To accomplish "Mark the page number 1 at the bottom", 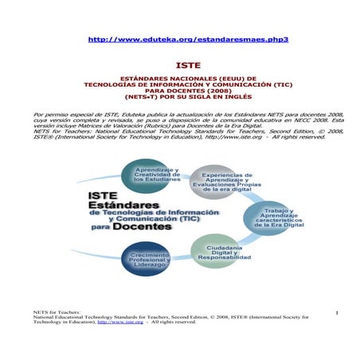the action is tap(337, 311).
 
